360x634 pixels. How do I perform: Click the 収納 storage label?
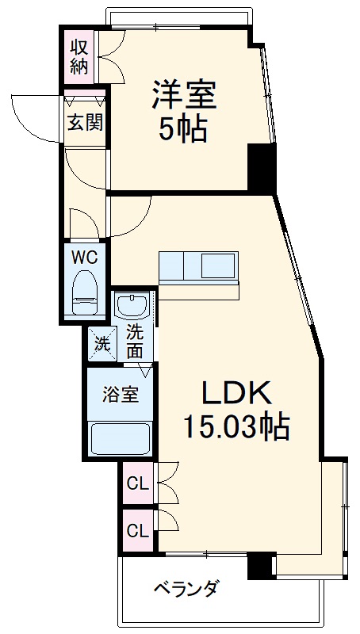pyautogui.click(x=79, y=56)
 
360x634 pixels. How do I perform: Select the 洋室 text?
pyautogui.click(x=184, y=96)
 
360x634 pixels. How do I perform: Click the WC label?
pyautogui.click(x=84, y=257)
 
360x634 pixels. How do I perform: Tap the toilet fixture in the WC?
pyautogui.click(x=83, y=292)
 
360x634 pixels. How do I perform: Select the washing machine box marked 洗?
pyautogui.click(x=101, y=343)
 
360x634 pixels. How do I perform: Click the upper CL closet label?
pyautogui.click(x=137, y=483)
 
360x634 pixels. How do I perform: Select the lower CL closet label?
pyautogui.click(x=137, y=530)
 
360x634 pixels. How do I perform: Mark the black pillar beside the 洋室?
pyautogui.click(x=260, y=169)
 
